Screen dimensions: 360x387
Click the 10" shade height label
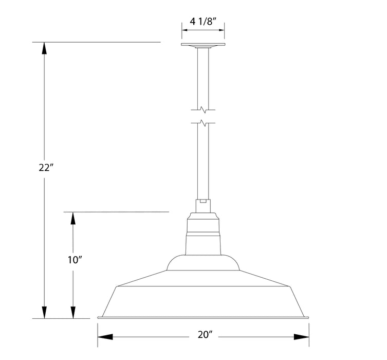point(75,260)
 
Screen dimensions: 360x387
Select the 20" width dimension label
point(204,335)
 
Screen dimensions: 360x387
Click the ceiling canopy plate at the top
point(203,45)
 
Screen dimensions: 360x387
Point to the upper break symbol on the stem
point(203,110)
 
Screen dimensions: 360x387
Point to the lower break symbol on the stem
point(203,123)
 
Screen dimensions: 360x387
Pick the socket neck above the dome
point(203,234)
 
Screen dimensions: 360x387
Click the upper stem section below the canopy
point(203,77)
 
